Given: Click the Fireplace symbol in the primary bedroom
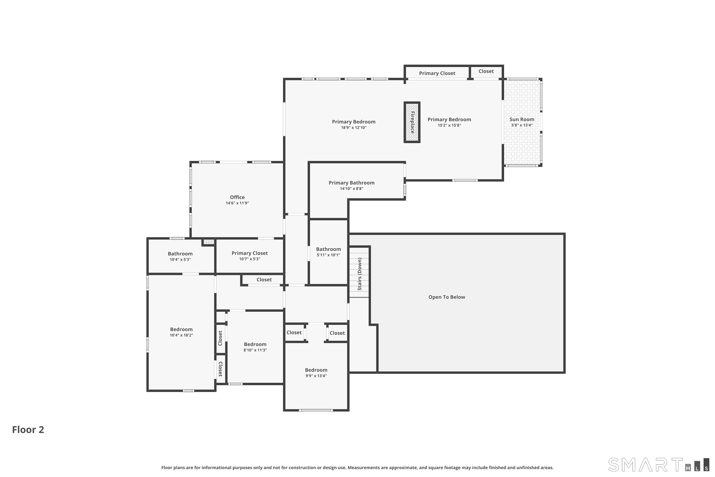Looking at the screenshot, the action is (x=412, y=122).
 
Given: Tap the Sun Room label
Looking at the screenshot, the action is (x=522, y=119).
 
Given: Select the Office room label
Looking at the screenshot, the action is (x=237, y=197).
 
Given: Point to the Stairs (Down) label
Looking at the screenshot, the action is (x=360, y=274).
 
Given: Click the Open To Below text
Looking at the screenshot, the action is (x=447, y=297).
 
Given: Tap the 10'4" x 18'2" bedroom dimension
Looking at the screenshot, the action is (x=181, y=335).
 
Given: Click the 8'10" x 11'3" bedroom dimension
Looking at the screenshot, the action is (x=255, y=350).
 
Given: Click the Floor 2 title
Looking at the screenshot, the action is (x=28, y=430).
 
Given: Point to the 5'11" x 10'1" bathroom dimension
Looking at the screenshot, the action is (x=328, y=255).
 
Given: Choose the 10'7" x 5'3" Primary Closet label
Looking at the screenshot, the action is (x=250, y=253).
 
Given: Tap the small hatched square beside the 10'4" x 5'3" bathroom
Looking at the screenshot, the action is (x=209, y=242).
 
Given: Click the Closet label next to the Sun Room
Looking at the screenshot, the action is (x=486, y=71).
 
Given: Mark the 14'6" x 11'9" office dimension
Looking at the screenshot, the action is (x=237, y=203).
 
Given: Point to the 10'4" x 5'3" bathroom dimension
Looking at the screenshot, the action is (x=180, y=259).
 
